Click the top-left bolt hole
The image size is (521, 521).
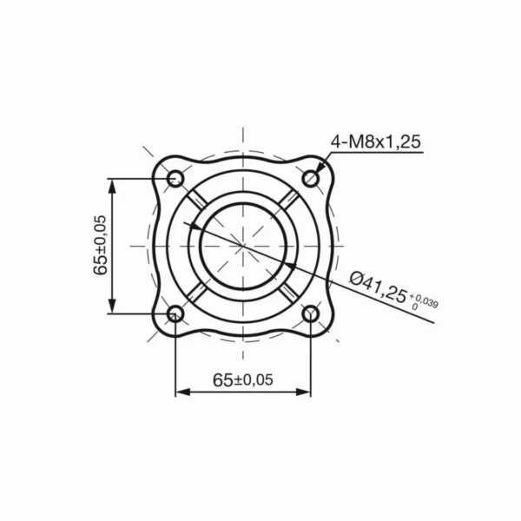(x=175, y=179)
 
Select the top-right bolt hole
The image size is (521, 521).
(x=311, y=179)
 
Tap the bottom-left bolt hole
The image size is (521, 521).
(x=175, y=313)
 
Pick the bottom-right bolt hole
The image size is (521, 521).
(x=311, y=313)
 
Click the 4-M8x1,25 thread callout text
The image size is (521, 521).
(x=374, y=142)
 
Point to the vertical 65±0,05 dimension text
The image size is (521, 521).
(x=101, y=246)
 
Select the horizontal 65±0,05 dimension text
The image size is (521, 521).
(x=242, y=379)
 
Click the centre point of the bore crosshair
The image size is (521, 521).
(x=243, y=247)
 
